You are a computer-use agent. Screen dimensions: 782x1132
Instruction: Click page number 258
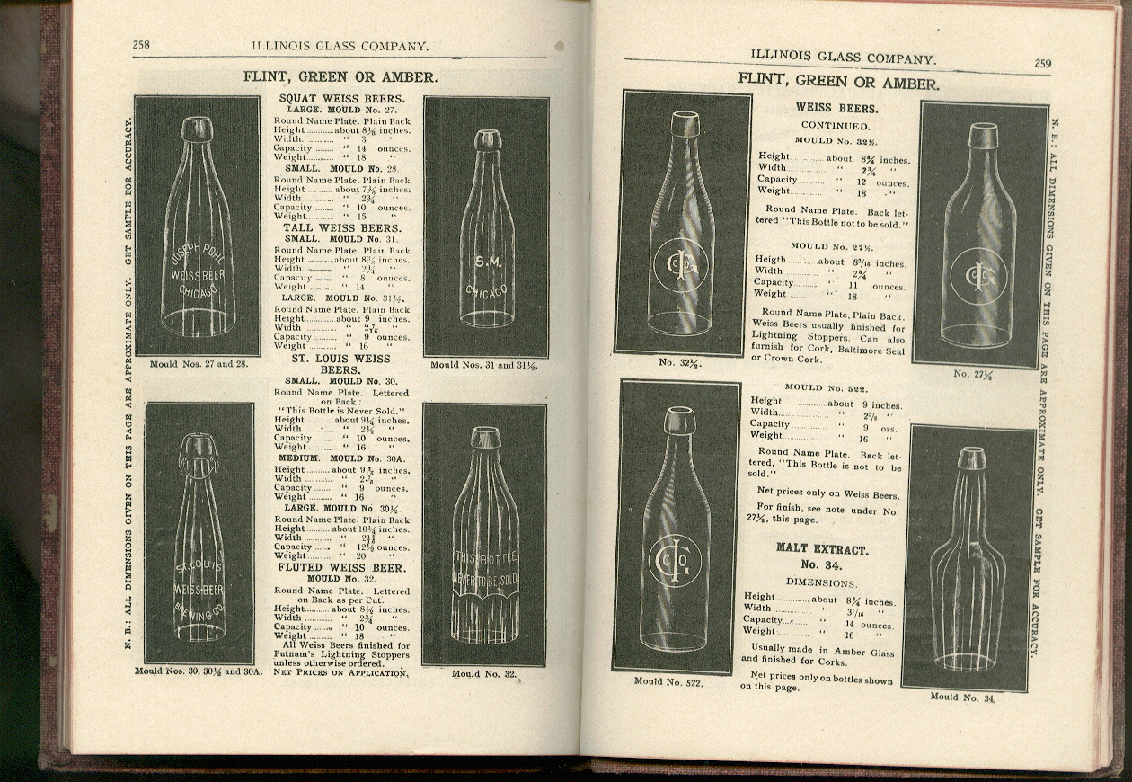pos(141,44)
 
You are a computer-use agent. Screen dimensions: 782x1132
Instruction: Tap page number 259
pos(1042,63)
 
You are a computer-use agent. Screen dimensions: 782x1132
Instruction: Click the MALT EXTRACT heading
pos(822,548)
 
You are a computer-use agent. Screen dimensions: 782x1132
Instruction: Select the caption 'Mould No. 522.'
pos(668,681)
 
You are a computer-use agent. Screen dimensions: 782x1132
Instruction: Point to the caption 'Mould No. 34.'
pos(962,697)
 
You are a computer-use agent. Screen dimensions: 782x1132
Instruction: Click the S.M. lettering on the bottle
pos(487,262)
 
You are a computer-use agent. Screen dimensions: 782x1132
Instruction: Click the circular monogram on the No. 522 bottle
pos(674,561)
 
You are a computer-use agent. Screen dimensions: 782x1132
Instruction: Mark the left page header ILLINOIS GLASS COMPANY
pos(340,45)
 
